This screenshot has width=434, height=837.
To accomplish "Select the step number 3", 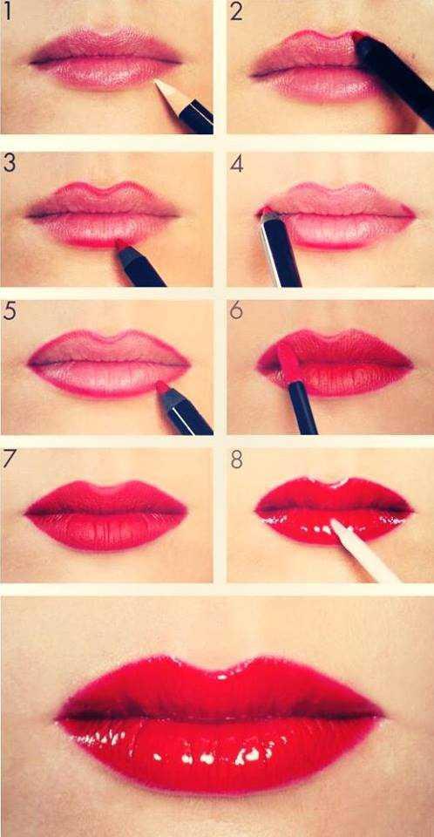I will (x=9, y=163).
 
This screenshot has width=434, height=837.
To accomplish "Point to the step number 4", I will (x=237, y=164).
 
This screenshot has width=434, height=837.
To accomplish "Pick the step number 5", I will (x=9, y=311).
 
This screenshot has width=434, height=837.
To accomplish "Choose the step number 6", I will (x=236, y=311).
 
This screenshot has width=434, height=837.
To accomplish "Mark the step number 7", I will (x=10, y=459).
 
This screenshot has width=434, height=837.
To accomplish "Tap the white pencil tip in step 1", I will (x=161, y=85).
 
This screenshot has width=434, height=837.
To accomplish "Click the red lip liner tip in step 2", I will (x=357, y=37).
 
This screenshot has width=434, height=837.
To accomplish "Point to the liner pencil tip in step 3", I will (x=121, y=247).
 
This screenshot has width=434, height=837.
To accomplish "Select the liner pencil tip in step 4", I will (x=265, y=212).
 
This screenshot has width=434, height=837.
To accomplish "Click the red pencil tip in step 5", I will (x=161, y=385).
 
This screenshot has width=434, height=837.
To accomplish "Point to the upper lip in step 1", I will (x=105, y=45).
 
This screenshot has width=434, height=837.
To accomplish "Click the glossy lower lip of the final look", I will (x=218, y=750).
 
